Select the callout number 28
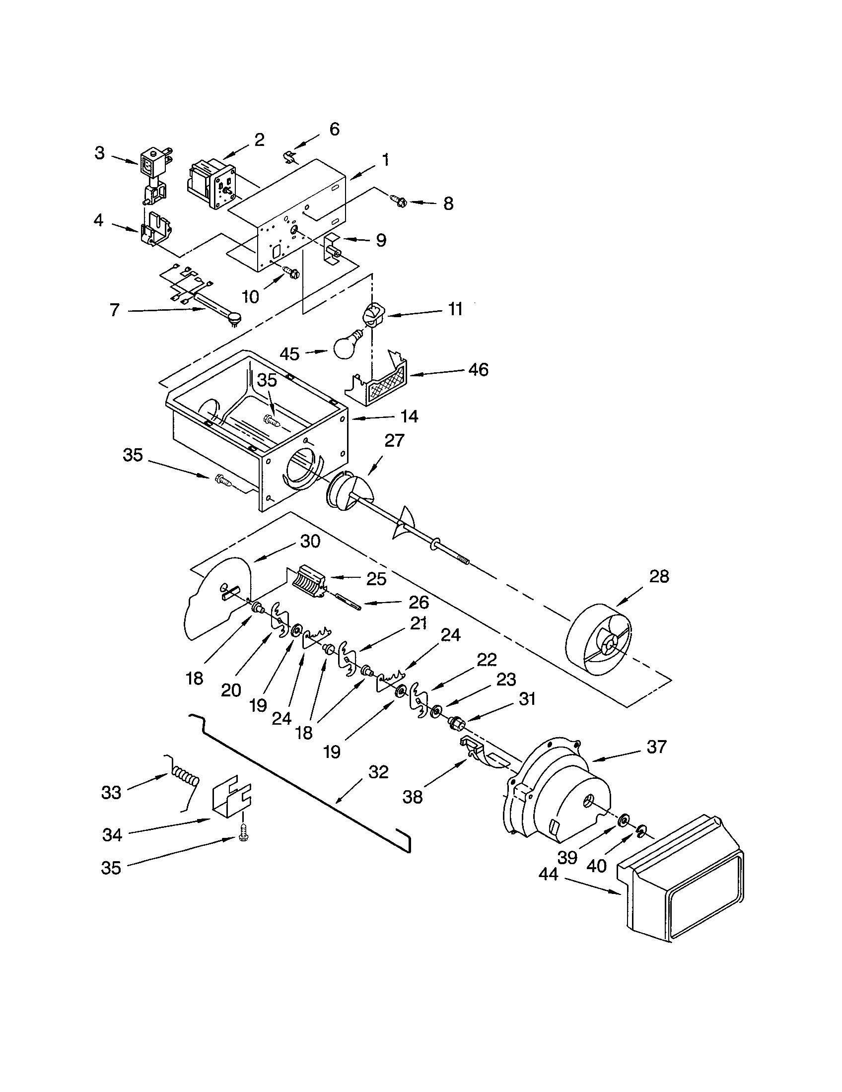tap(658, 576)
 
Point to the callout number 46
tap(478, 369)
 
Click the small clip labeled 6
tap(288, 156)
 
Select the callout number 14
tap(410, 416)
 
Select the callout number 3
tap(99, 153)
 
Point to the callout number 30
tap(309, 541)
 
